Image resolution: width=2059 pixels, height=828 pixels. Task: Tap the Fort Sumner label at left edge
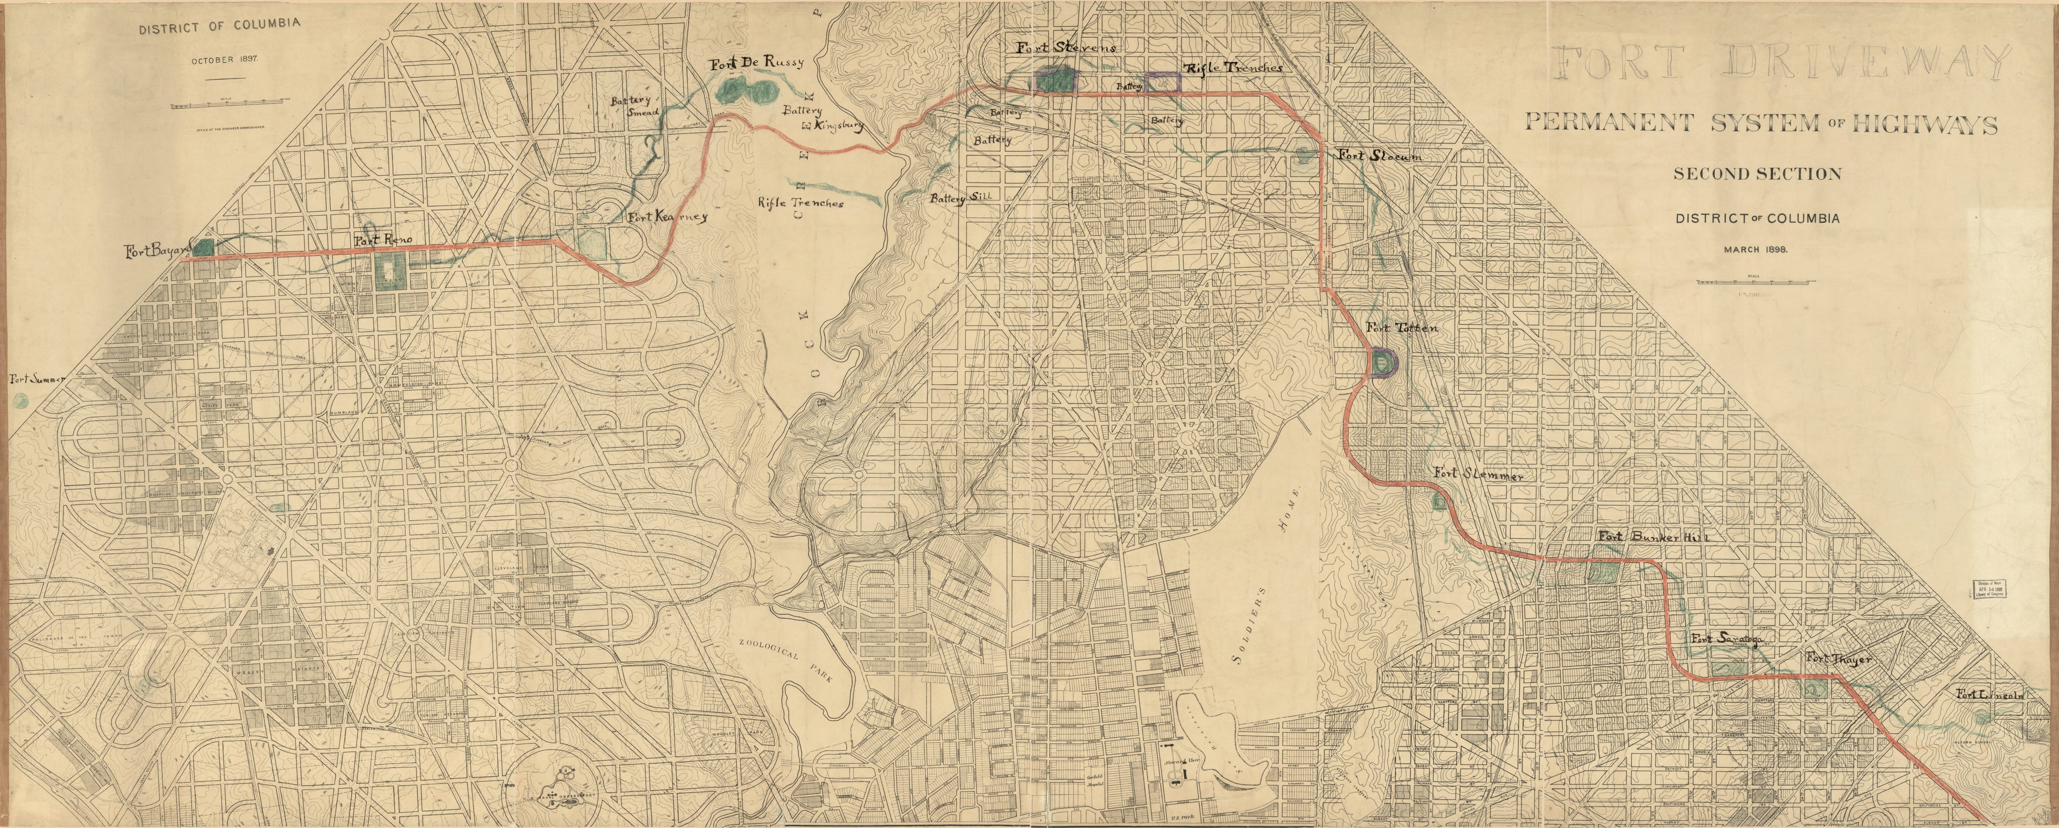coord(36,379)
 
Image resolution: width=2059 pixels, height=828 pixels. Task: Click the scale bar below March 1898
coord(1756,282)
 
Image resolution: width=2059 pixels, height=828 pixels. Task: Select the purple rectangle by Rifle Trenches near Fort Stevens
coord(1163,81)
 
